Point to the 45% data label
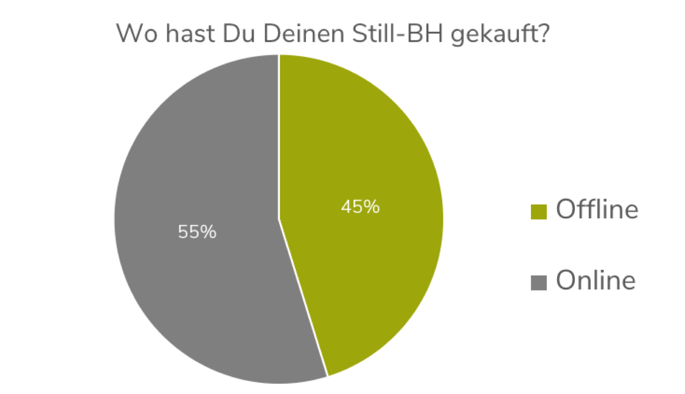360,207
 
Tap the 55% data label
197,232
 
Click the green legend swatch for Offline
539,212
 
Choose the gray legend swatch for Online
539,282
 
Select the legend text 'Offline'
597,209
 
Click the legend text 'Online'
596,281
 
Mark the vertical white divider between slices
279,134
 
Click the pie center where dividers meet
279,220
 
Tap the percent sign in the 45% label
372,207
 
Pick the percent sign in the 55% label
209,232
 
